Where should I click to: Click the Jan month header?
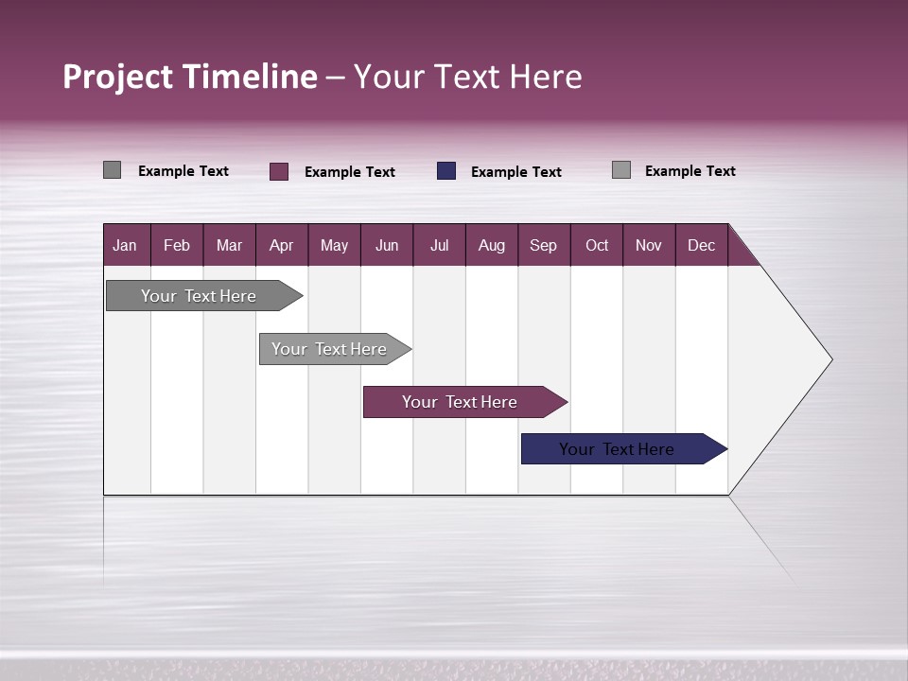125,245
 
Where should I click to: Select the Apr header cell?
281,245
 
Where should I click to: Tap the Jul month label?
439,245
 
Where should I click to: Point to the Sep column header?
543,245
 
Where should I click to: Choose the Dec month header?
701,245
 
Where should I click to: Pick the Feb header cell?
177,245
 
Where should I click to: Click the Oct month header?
597,245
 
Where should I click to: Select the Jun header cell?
387,245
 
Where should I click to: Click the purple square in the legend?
279,171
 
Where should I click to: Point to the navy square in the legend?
446,171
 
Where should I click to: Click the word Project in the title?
118,77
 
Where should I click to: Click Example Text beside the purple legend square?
349,172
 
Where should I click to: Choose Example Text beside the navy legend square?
515,172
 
